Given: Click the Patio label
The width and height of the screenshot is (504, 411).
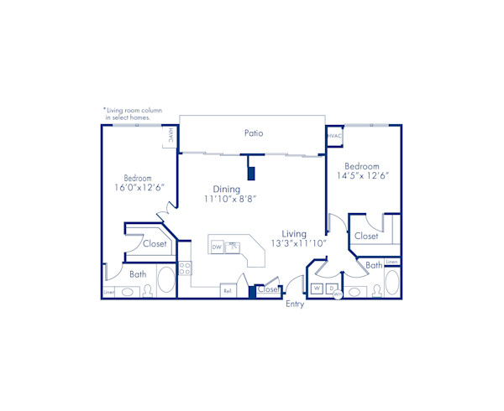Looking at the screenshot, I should click(x=254, y=133).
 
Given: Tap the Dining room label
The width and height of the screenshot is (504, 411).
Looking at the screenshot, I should click(x=228, y=190).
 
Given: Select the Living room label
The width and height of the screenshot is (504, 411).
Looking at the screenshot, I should click(x=294, y=233).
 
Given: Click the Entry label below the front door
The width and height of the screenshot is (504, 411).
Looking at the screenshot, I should click(x=295, y=304).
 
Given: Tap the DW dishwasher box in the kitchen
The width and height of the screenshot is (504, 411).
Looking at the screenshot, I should click(x=217, y=247).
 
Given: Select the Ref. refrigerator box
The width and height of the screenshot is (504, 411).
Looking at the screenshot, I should click(x=227, y=290).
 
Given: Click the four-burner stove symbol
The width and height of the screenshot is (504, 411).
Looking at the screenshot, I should click(x=185, y=268).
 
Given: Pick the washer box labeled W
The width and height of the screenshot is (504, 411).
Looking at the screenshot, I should click(x=317, y=289).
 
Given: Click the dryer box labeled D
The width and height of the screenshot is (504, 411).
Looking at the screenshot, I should click(x=330, y=289).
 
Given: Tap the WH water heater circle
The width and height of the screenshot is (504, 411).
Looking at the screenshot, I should click(x=338, y=294).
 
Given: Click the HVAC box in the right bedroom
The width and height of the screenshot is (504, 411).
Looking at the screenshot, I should click(x=334, y=134).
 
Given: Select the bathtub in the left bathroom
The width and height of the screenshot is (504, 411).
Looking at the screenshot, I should click(x=166, y=280).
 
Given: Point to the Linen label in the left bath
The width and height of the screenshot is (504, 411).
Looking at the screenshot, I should click(x=108, y=292).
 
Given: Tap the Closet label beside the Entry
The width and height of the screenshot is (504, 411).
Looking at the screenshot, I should click(x=267, y=289).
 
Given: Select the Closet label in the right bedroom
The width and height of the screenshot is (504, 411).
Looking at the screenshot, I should click(x=366, y=237).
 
